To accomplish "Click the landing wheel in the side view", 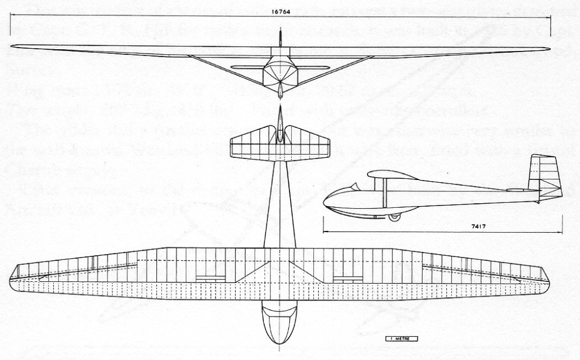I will point(394,217).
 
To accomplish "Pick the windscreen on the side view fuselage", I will point(354,186).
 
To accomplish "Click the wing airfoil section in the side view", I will point(392,175).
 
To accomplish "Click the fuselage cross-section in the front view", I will point(280,72).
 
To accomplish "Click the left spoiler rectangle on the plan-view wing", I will point(211,278).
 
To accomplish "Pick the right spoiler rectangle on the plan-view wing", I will point(348,278).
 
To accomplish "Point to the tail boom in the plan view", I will point(280,204).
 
